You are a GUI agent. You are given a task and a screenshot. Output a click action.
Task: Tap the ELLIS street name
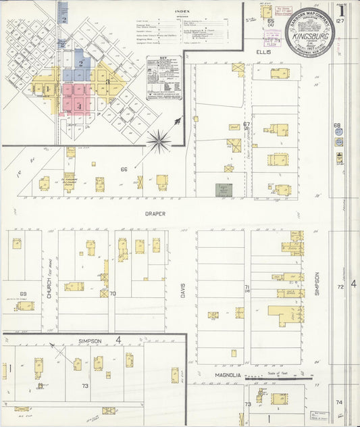[x=263, y=51]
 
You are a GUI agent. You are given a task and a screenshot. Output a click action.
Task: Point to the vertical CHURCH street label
[x=50, y=284]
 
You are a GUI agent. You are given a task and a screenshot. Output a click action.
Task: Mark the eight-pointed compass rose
[x=159, y=140]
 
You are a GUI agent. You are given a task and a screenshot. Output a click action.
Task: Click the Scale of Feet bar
[x=274, y=379]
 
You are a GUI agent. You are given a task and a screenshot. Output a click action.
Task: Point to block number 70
[x=113, y=294]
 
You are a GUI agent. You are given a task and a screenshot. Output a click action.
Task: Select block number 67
[x=247, y=124]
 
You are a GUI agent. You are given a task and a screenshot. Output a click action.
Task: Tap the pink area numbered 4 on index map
[x=79, y=105]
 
